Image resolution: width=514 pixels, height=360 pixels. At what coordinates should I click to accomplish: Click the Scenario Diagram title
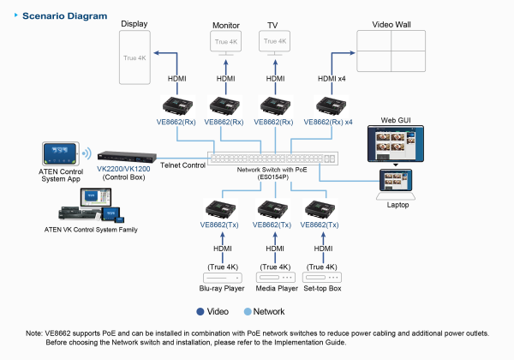(x=58, y=16)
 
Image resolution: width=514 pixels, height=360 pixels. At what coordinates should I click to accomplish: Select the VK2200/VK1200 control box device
(x=126, y=158)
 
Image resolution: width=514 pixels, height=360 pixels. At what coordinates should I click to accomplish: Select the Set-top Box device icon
(x=324, y=279)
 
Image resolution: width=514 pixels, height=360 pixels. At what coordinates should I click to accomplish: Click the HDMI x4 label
(x=333, y=79)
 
